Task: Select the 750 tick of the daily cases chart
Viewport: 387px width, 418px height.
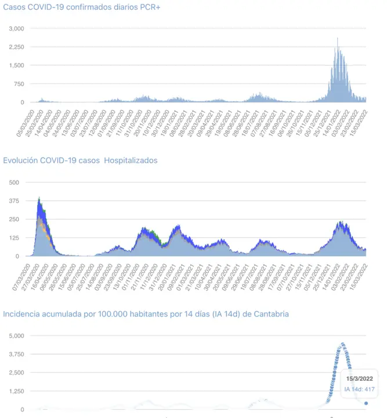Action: (x=19, y=84)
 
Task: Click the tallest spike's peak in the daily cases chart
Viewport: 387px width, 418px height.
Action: (x=338, y=38)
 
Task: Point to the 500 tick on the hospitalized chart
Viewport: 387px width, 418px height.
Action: (x=14, y=182)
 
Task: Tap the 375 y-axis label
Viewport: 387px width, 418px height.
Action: (x=14, y=201)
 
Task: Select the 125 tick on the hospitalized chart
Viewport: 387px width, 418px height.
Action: (x=14, y=238)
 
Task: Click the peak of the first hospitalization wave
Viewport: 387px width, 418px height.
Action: (x=39, y=198)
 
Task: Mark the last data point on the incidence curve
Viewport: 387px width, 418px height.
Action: (x=366, y=403)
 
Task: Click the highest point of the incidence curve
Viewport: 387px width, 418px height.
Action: (x=342, y=344)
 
